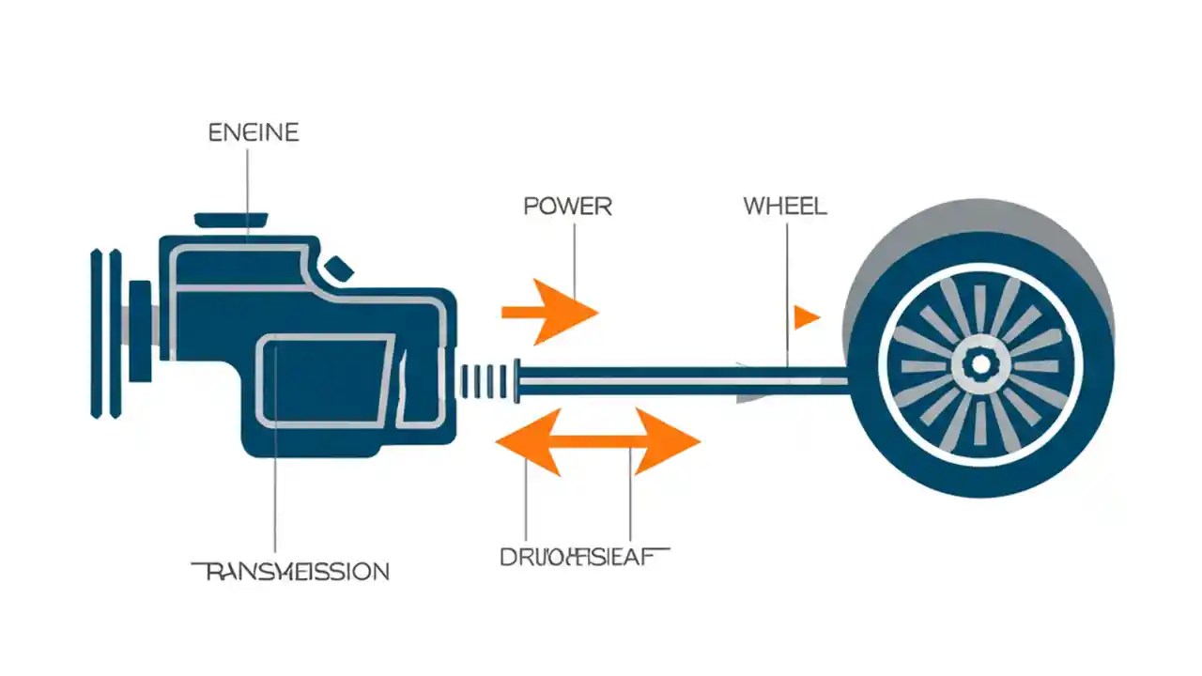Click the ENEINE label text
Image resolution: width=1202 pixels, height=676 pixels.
tap(253, 132)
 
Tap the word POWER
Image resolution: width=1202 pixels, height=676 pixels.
tap(567, 206)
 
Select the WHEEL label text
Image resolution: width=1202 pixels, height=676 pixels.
tap(785, 206)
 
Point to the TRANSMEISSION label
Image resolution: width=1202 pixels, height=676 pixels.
tap(290, 570)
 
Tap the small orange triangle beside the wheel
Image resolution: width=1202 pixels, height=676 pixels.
tap(805, 317)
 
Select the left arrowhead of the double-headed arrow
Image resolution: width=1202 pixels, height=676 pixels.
tap(521, 440)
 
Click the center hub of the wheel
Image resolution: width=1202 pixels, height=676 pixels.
tap(979, 364)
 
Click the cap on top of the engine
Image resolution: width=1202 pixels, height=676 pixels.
tap(231, 220)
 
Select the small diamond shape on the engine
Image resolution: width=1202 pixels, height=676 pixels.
tap(340, 269)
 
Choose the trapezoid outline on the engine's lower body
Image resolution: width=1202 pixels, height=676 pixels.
tap(324, 380)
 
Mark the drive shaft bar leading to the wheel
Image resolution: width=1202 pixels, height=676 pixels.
tap(657, 379)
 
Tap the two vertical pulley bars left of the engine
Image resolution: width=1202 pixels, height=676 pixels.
tap(104, 332)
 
